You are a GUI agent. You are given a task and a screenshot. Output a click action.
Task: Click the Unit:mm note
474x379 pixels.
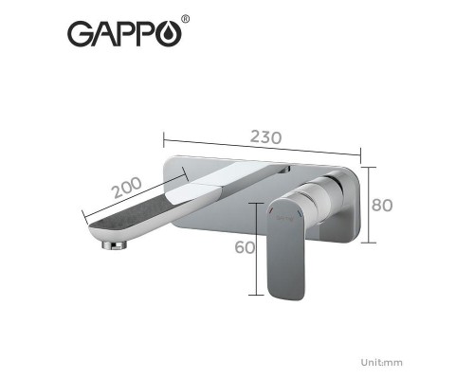point(382,361)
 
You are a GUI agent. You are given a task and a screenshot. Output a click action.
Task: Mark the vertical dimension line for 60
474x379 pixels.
point(257,248)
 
